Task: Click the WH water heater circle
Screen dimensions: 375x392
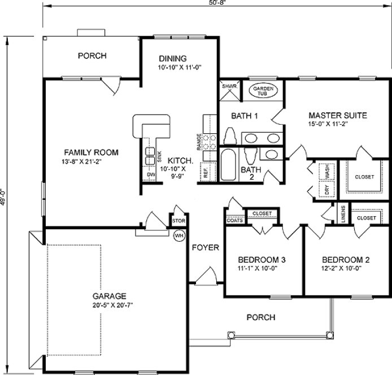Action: [x=179, y=236]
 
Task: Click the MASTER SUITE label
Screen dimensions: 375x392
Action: [x=338, y=115]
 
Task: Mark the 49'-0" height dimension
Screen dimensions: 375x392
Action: [x=4, y=198]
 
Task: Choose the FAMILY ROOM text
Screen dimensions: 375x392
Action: [x=90, y=152]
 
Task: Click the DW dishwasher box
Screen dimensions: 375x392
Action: [x=151, y=175]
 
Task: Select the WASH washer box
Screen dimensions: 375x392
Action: [x=326, y=171]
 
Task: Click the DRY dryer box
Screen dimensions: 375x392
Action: [x=326, y=189]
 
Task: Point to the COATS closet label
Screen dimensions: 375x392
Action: [x=235, y=220]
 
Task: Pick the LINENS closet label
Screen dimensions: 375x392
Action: [x=343, y=215]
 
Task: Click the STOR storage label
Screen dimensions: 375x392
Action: [x=179, y=221]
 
